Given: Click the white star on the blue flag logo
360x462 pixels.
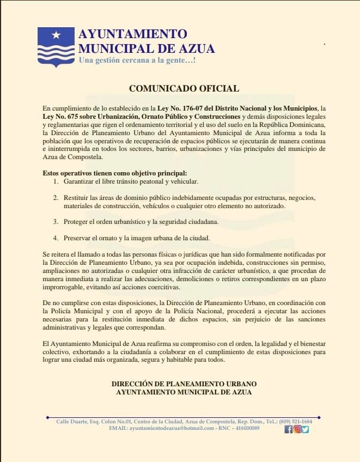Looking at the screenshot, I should pos(56,35).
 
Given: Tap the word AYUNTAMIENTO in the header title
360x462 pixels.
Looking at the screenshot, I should pos(132,34).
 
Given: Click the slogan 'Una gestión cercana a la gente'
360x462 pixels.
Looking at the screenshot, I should pos(137,59).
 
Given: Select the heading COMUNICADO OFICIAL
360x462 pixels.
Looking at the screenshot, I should pos(184,88).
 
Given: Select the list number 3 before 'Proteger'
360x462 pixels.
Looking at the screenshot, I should pos(56,222).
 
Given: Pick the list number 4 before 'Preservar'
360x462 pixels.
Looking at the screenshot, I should pos(56,238).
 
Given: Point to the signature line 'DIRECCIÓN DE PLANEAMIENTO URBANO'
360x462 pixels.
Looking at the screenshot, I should pos(184,384).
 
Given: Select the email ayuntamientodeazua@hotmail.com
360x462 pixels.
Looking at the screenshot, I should pos(171,428).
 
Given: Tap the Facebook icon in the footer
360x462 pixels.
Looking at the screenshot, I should pos(288,429).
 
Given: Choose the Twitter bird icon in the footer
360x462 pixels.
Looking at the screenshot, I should pos(305,429).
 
